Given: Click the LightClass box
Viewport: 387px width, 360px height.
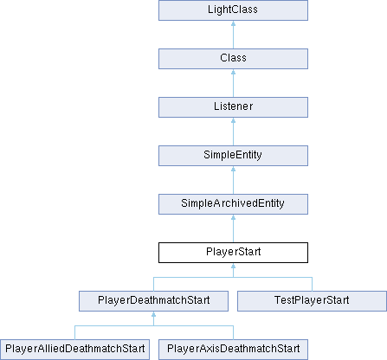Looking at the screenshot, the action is pos(233,10).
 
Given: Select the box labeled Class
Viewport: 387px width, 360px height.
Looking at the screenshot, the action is pos(233,59).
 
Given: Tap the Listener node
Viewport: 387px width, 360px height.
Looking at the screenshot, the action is pos(233,107).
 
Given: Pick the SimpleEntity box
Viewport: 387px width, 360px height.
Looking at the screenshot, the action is pos(233,156).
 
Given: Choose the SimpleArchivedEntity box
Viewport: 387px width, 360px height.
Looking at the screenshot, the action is pos(233,204).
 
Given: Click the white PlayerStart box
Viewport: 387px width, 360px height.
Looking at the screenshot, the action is pos(233,253).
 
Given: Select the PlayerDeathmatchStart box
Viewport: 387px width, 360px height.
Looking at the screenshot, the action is pos(153,301).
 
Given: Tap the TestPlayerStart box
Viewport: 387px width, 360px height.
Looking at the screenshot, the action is pos(312,301).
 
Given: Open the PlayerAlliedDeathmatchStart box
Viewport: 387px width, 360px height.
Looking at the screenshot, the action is pos(74,350).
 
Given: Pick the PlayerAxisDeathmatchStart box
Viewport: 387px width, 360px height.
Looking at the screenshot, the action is pos(233,350).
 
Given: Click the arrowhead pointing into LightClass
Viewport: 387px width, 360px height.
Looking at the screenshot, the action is pos(233,23).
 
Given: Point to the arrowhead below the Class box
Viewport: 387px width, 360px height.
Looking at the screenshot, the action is pos(233,72).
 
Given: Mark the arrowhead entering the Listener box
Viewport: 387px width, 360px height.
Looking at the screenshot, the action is pos(233,120).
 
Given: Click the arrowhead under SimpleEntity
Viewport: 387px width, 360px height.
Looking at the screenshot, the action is pos(233,169).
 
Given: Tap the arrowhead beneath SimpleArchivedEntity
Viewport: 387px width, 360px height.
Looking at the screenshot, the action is pos(233,217).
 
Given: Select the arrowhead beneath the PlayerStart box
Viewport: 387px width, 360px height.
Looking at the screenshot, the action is pos(233,266).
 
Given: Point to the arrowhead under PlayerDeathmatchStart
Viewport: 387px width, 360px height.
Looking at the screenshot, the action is pos(153,314).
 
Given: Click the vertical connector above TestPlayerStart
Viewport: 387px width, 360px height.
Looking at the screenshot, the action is pos(312,284).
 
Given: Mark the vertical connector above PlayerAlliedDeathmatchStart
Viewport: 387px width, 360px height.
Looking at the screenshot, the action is pos(74,332).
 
